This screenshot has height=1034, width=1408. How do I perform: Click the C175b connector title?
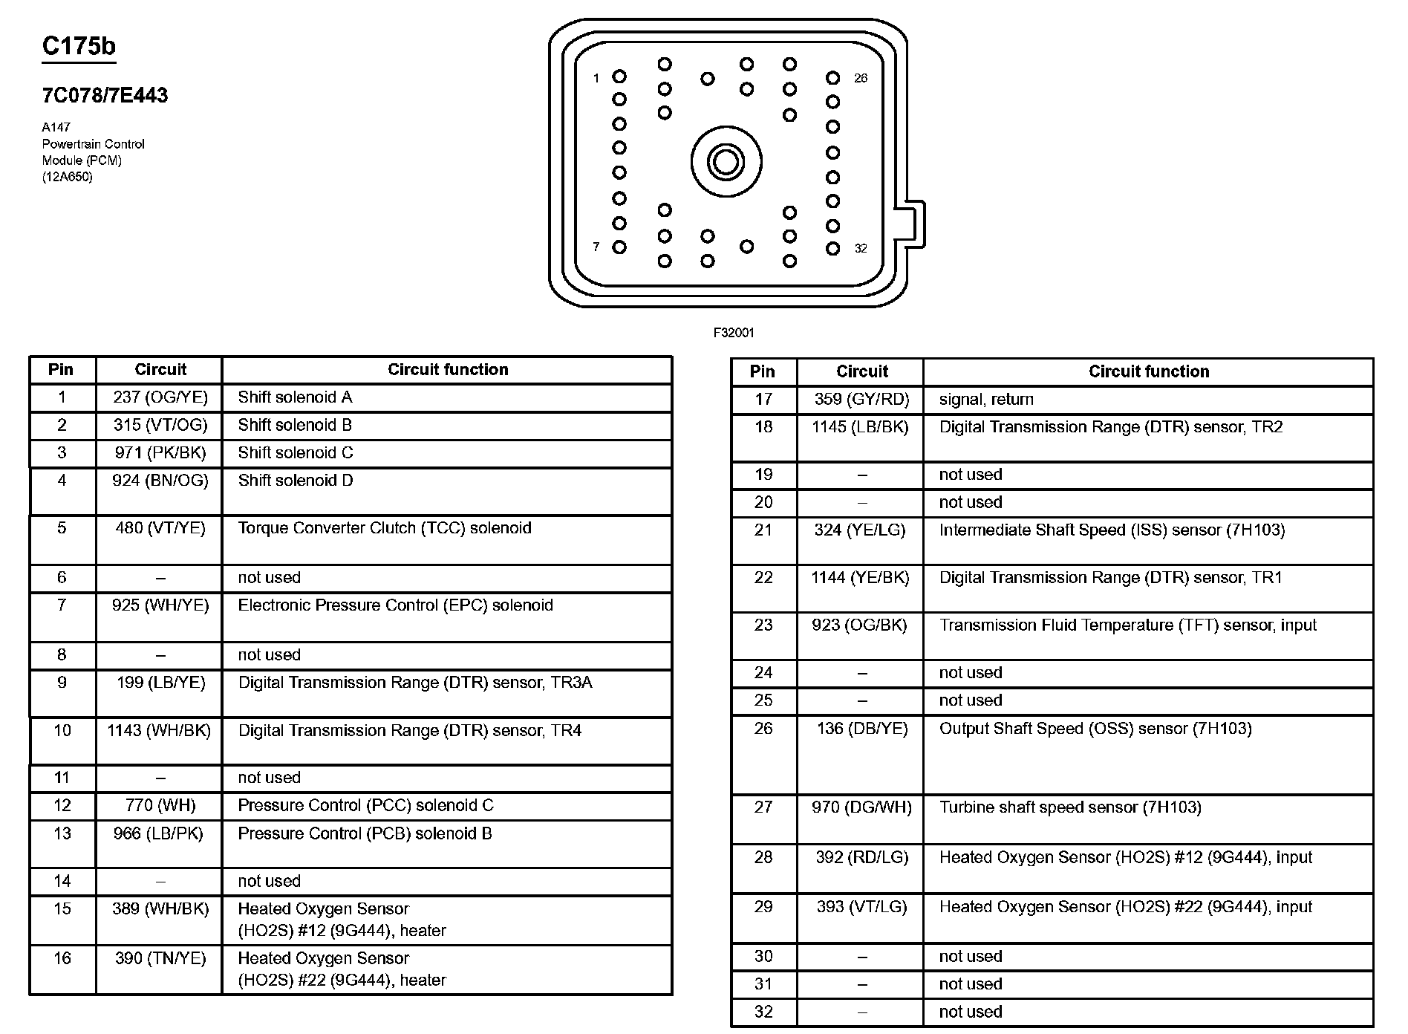click(79, 46)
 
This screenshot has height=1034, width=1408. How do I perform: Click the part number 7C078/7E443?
click(105, 95)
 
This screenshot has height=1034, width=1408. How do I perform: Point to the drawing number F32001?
click(734, 333)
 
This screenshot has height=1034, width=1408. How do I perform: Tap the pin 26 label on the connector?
click(861, 78)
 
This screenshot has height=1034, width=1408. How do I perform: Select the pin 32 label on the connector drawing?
click(861, 249)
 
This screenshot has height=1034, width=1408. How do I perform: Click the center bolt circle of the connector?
click(726, 162)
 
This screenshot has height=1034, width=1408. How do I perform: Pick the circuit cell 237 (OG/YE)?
click(160, 397)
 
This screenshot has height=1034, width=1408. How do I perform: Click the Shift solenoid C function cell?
click(296, 453)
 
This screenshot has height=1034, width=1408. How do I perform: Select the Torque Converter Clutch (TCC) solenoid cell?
click(385, 528)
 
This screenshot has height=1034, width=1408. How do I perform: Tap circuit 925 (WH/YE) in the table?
click(160, 605)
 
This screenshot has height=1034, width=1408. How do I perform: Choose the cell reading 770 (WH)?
click(160, 805)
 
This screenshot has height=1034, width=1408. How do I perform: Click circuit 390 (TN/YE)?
click(160, 958)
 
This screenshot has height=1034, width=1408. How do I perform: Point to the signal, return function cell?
click(986, 400)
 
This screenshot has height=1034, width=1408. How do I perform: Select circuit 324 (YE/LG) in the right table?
click(861, 530)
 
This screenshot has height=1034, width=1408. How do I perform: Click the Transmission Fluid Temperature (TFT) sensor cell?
click(1127, 625)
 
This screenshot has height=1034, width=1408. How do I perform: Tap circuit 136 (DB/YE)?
click(861, 729)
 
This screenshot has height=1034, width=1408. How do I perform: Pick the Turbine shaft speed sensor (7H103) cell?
click(1069, 807)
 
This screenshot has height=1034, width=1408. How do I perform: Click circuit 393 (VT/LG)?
click(861, 907)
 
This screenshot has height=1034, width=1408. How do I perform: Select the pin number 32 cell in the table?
click(763, 1012)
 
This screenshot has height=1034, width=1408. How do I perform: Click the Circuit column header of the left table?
click(160, 370)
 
